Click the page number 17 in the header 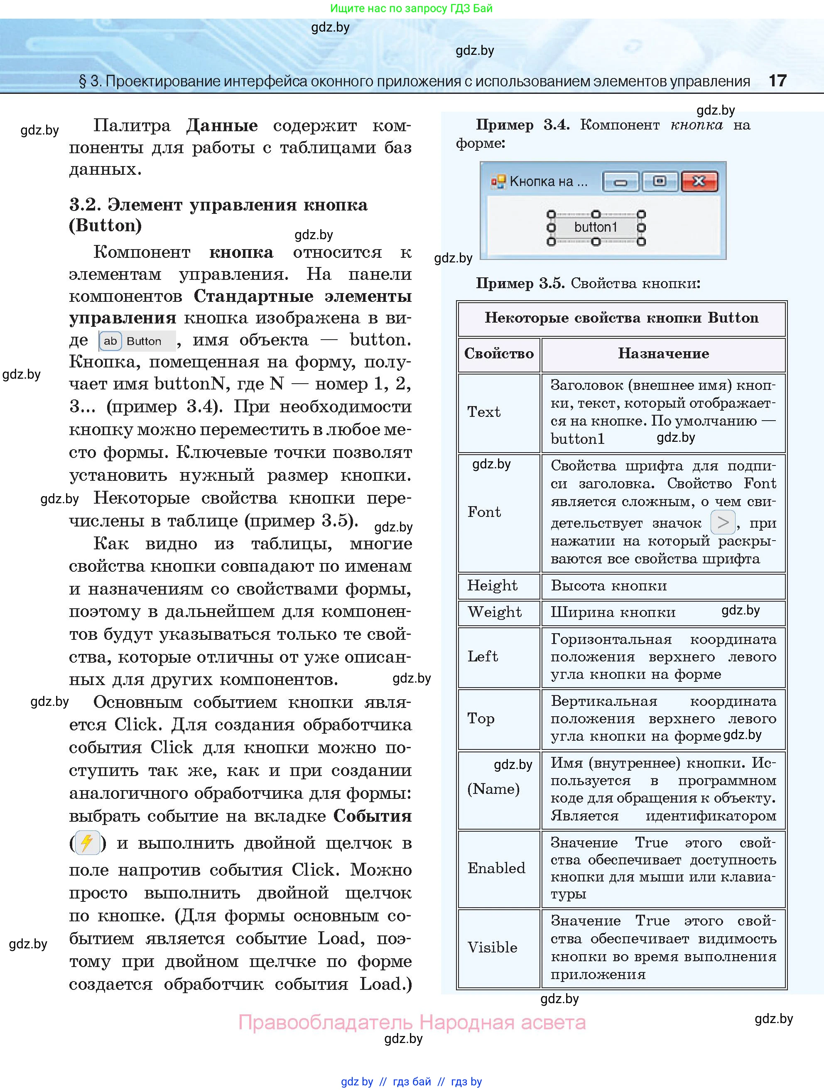pyautogui.click(x=777, y=81)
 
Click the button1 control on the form pyautogui.click(x=596, y=228)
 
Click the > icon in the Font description pyautogui.click(x=723, y=522)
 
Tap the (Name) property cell pyautogui.click(x=493, y=789)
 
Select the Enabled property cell pyautogui.click(x=496, y=868)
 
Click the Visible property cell pyautogui.click(x=492, y=948)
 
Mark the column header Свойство pyautogui.click(x=499, y=353)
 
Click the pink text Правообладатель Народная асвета pyautogui.click(x=412, y=1022)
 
